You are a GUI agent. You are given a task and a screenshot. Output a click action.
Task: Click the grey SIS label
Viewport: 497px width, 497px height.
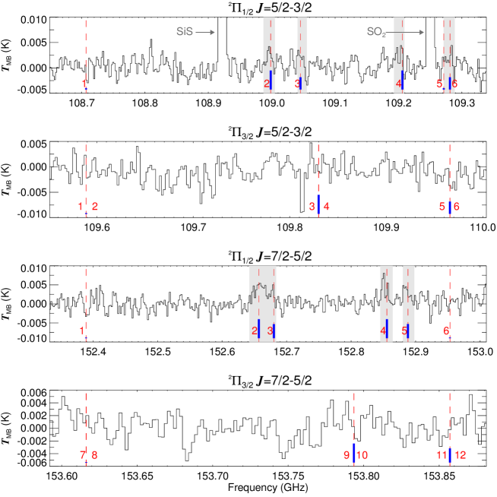(185, 32)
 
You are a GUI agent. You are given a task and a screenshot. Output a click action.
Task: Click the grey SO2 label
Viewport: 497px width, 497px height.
(376, 32)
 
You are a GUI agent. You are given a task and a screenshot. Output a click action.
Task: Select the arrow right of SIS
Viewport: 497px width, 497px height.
(205, 32)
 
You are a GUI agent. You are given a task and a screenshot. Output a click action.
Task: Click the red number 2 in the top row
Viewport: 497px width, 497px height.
(267, 84)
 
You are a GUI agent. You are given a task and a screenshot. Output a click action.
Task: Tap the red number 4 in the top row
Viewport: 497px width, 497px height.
(399, 84)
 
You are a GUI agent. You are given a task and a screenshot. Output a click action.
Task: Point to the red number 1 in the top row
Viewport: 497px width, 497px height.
(84, 84)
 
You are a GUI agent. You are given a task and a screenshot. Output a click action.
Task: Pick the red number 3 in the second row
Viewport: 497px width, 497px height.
(312, 207)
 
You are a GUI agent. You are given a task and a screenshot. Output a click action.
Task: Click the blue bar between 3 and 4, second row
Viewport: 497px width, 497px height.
(318, 205)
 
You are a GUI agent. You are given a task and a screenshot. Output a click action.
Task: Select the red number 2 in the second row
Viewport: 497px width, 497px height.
(95, 206)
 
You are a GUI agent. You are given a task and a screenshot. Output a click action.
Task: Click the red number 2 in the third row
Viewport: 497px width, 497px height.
(255, 331)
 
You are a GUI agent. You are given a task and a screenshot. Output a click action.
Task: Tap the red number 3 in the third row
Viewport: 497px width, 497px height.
(270, 331)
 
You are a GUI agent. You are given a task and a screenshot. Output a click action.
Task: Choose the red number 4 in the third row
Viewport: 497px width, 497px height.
(383, 331)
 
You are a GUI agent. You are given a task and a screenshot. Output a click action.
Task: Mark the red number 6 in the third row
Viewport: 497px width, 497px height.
(446, 331)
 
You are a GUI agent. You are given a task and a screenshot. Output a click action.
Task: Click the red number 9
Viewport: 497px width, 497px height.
(346, 455)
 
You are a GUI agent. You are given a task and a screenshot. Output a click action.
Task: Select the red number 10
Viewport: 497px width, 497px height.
(362, 455)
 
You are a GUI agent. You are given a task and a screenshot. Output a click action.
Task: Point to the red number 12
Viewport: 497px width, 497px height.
(460, 455)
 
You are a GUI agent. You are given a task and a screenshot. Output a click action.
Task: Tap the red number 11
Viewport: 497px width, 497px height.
(441, 455)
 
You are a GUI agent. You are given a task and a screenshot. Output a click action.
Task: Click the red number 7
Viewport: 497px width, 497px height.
(82, 455)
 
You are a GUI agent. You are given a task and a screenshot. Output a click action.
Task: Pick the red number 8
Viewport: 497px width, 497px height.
(95, 455)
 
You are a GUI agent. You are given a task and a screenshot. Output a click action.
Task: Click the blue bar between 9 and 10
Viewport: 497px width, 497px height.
(354, 453)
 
